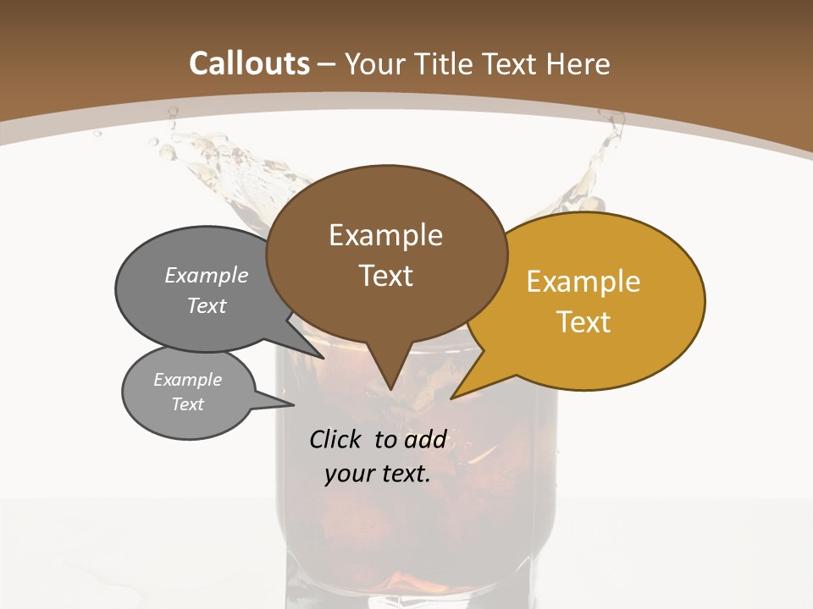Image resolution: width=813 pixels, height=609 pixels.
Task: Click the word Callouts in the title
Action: pyautogui.click(x=249, y=63)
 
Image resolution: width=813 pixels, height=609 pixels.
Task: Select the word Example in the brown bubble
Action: pyautogui.click(x=385, y=235)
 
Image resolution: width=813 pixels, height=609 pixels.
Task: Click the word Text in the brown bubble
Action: pyautogui.click(x=385, y=276)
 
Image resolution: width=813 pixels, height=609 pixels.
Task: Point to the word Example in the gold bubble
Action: pyautogui.click(x=583, y=282)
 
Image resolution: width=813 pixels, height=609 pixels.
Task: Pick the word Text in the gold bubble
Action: pyautogui.click(x=583, y=322)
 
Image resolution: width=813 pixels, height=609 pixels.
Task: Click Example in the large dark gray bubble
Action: pyautogui.click(x=207, y=276)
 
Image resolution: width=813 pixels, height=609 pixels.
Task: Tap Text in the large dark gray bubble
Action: pyautogui.click(x=207, y=305)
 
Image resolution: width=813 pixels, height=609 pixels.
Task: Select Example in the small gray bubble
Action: pyautogui.click(x=187, y=380)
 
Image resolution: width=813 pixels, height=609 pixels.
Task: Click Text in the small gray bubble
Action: pyautogui.click(x=187, y=404)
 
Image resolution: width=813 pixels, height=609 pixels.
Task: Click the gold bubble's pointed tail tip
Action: pyautogui.click(x=452, y=398)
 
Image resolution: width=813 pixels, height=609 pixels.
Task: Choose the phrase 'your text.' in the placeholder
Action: pyautogui.click(x=378, y=474)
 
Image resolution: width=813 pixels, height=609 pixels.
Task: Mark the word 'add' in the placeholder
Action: pyautogui.click(x=424, y=439)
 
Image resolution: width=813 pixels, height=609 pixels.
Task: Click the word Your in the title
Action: pyautogui.click(x=374, y=63)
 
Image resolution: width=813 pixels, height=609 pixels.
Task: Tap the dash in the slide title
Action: pyautogui.click(x=327, y=63)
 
